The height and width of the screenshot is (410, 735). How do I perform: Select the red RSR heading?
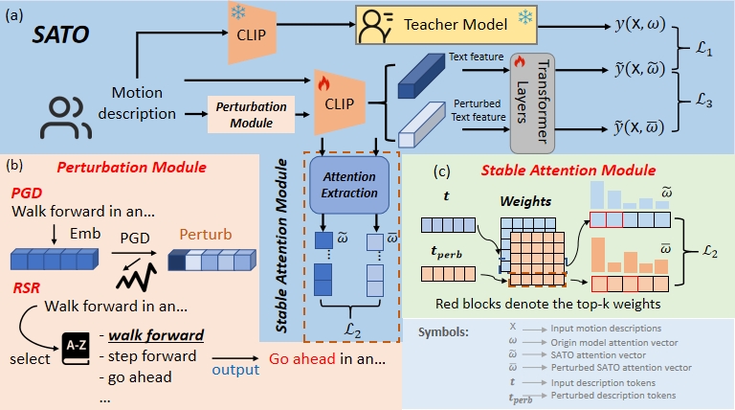[29, 285]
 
